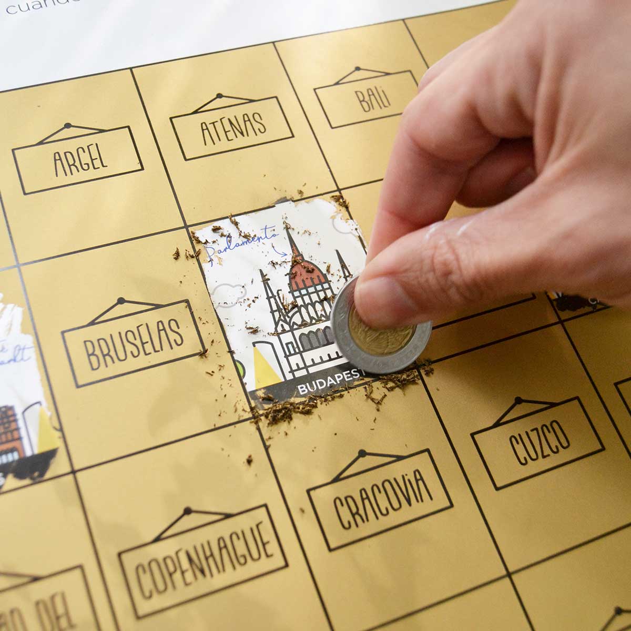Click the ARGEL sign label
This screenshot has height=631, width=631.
pos(80,159)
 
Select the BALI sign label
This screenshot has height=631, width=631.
pos(372,100)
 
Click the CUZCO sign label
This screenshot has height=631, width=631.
pos(539,442)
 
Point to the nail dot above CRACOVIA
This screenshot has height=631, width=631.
pos(362,452)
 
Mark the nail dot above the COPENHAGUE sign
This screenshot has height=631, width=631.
pos(187,511)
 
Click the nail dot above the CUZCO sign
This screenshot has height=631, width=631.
pos(519,401)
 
